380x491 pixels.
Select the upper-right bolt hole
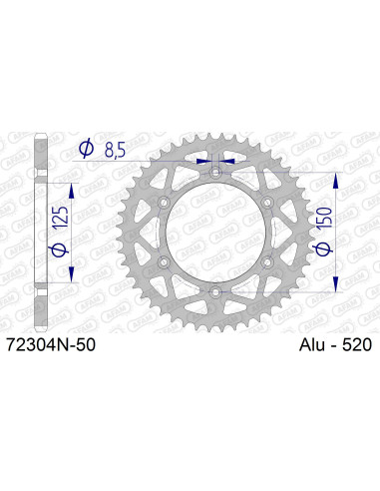pos(266,204)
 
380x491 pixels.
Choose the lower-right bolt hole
pos(266,261)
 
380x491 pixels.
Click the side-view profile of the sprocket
pos(39,233)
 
